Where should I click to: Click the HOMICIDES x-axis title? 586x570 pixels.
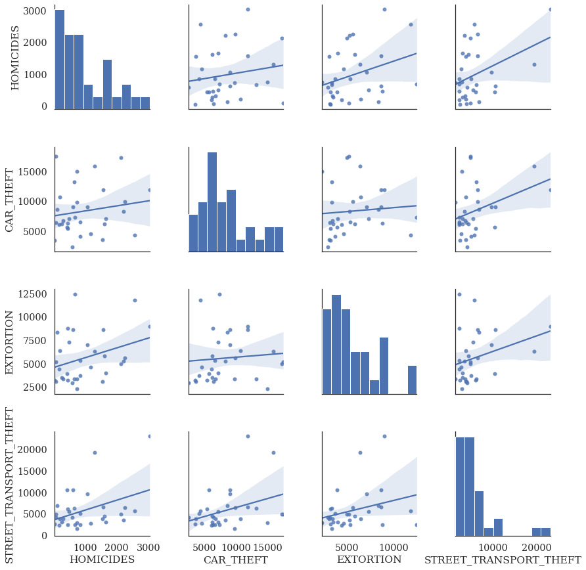(x=102, y=559)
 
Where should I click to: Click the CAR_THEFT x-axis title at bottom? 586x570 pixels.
(x=236, y=559)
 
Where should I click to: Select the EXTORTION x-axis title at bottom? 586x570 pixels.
(x=369, y=559)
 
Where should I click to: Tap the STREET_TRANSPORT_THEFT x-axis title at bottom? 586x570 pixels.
(x=503, y=559)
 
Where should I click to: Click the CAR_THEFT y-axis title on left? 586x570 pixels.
(x=10, y=199)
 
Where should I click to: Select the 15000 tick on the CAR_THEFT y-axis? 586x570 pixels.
(x=33, y=171)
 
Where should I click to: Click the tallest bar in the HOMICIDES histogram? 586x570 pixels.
(x=59, y=58)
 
